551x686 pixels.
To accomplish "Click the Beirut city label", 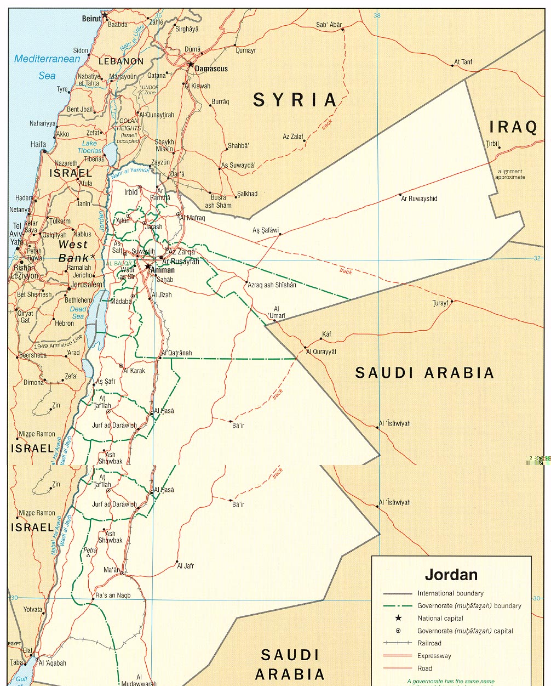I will (x=91, y=19).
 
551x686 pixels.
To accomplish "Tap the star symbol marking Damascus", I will (x=191, y=65).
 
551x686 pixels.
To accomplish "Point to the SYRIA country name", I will (x=295, y=100).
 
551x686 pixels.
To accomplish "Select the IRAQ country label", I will (x=513, y=127).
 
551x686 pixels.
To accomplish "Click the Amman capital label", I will (x=163, y=270).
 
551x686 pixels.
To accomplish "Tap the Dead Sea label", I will (x=78, y=313).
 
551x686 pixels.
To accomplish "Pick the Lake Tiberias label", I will (x=90, y=147).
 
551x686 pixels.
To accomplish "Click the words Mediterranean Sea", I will (x=47, y=67).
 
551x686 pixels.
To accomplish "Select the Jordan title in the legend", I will (x=451, y=575).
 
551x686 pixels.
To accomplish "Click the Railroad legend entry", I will (x=429, y=643).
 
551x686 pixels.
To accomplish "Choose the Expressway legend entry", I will (x=434, y=656).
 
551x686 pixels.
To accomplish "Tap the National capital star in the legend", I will (x=398, y=618).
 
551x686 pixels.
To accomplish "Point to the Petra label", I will (x=90, y=550).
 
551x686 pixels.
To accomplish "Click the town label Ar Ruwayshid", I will (x=419, y=199).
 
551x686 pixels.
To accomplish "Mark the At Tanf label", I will (x=463, y=62).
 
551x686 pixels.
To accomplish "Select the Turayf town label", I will (x=440, y=303).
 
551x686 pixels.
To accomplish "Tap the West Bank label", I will (x=73, y=251).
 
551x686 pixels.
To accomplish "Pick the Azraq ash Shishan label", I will (x=272, y=285).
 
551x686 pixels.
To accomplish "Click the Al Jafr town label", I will (x=186, y=566).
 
